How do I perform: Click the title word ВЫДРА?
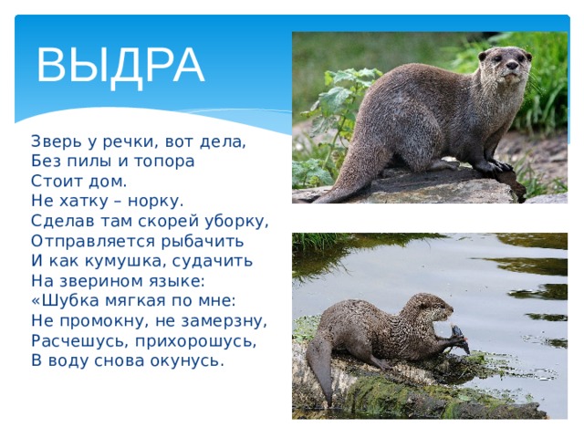[120, 66]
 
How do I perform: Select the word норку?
[156, 202]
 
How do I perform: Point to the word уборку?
[237, 221]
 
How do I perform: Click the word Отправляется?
[92, 241]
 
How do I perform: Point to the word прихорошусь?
[196, 341]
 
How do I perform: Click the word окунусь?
[187, 361]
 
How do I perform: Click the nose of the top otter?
[512, 66]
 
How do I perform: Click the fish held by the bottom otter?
[460, 339]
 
